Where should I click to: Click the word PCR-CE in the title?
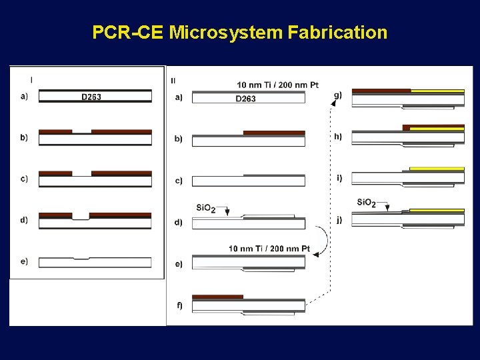127,32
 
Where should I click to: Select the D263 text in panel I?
91,97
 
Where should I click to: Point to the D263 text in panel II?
245,99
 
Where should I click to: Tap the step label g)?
337,95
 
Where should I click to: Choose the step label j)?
339,220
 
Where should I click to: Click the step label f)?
179,306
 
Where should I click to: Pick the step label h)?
338,137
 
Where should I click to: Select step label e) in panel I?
24,261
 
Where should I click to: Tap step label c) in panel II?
178,181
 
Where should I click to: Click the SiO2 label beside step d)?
206,209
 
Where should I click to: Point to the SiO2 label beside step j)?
367,203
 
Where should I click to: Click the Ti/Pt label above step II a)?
277,85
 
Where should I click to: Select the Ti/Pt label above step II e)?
269,249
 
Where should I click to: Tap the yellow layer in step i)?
437,169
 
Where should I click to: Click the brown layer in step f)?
217,297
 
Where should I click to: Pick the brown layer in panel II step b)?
274,133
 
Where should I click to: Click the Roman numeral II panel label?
174,81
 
